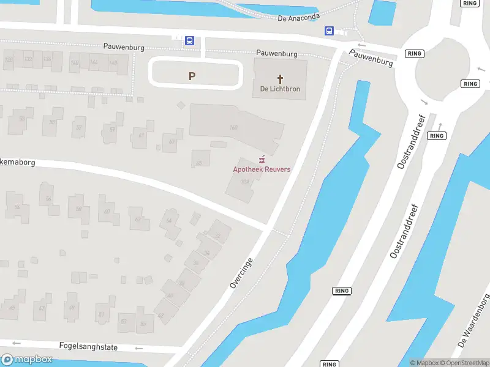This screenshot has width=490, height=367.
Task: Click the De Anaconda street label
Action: click(298, 18)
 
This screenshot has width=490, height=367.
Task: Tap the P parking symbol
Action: click(192, 76)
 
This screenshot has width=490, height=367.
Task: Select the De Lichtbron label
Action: click(281, 89)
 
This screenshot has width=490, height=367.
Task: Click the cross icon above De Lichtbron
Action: click(281, 78)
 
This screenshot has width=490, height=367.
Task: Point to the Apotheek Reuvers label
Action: click(262, 169)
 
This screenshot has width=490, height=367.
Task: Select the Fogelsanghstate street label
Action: click(88, 347)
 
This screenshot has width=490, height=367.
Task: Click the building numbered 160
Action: click(233, 127)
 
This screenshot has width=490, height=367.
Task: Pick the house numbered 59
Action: click(112, 129)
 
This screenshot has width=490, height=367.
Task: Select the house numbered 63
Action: click(172, 141)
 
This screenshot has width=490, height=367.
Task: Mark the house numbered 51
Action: click(101, 314)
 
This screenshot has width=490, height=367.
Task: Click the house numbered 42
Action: click(160, 316)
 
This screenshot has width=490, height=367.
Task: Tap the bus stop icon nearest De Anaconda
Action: click(329, 31)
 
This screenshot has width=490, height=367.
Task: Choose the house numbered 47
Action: click(42, 308)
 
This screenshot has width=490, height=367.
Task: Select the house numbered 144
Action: click(93, 62)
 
